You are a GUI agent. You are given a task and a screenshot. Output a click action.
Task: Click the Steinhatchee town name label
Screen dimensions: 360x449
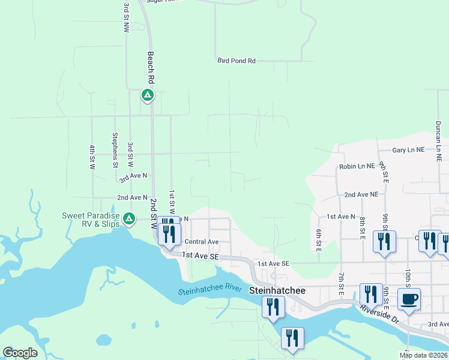pos(277,290)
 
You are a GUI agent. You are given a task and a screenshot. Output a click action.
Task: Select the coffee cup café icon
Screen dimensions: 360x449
pos(409,299)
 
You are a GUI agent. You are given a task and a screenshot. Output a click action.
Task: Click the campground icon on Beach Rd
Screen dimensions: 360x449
pos(148,95)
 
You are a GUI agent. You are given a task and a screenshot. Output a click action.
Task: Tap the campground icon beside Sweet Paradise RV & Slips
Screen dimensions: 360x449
pos(128,219)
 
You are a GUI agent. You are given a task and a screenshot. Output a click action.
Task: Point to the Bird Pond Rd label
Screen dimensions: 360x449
pos(237,61)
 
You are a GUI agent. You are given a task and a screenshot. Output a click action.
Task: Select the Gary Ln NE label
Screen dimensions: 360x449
pos(408,151)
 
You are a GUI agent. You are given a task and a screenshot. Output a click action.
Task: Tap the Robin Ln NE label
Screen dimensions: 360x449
pos(357,166)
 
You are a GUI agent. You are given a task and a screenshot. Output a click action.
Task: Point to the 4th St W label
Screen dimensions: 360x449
pos(92,156)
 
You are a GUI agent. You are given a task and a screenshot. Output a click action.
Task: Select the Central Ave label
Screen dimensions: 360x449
pos(202,242)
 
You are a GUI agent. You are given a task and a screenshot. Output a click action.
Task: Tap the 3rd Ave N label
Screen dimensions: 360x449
pos(133,178)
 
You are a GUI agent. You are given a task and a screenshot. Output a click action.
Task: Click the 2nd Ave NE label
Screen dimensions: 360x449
pos(361,195)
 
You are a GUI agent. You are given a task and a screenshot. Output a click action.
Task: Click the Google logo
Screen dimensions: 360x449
pos(20,353)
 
